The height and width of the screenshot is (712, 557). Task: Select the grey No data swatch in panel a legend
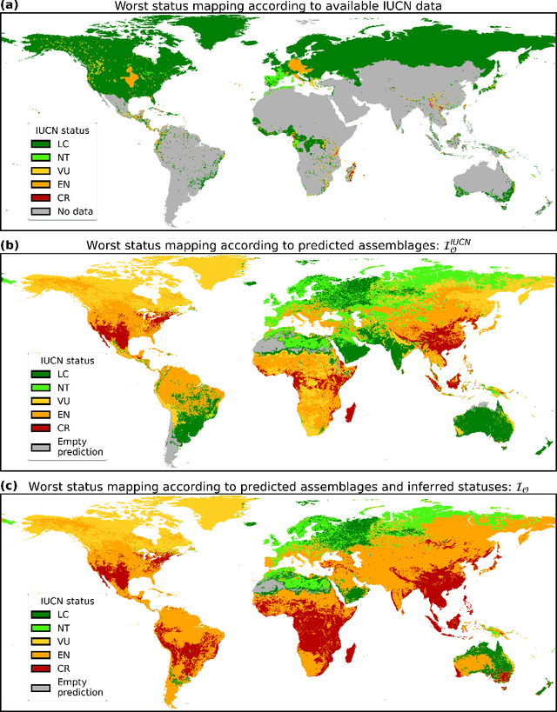click(40, 210)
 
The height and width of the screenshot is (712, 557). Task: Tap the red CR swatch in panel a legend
click(40, 197)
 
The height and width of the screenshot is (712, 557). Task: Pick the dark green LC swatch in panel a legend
click(40, 144)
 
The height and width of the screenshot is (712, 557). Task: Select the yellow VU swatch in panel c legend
click(40, 640)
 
